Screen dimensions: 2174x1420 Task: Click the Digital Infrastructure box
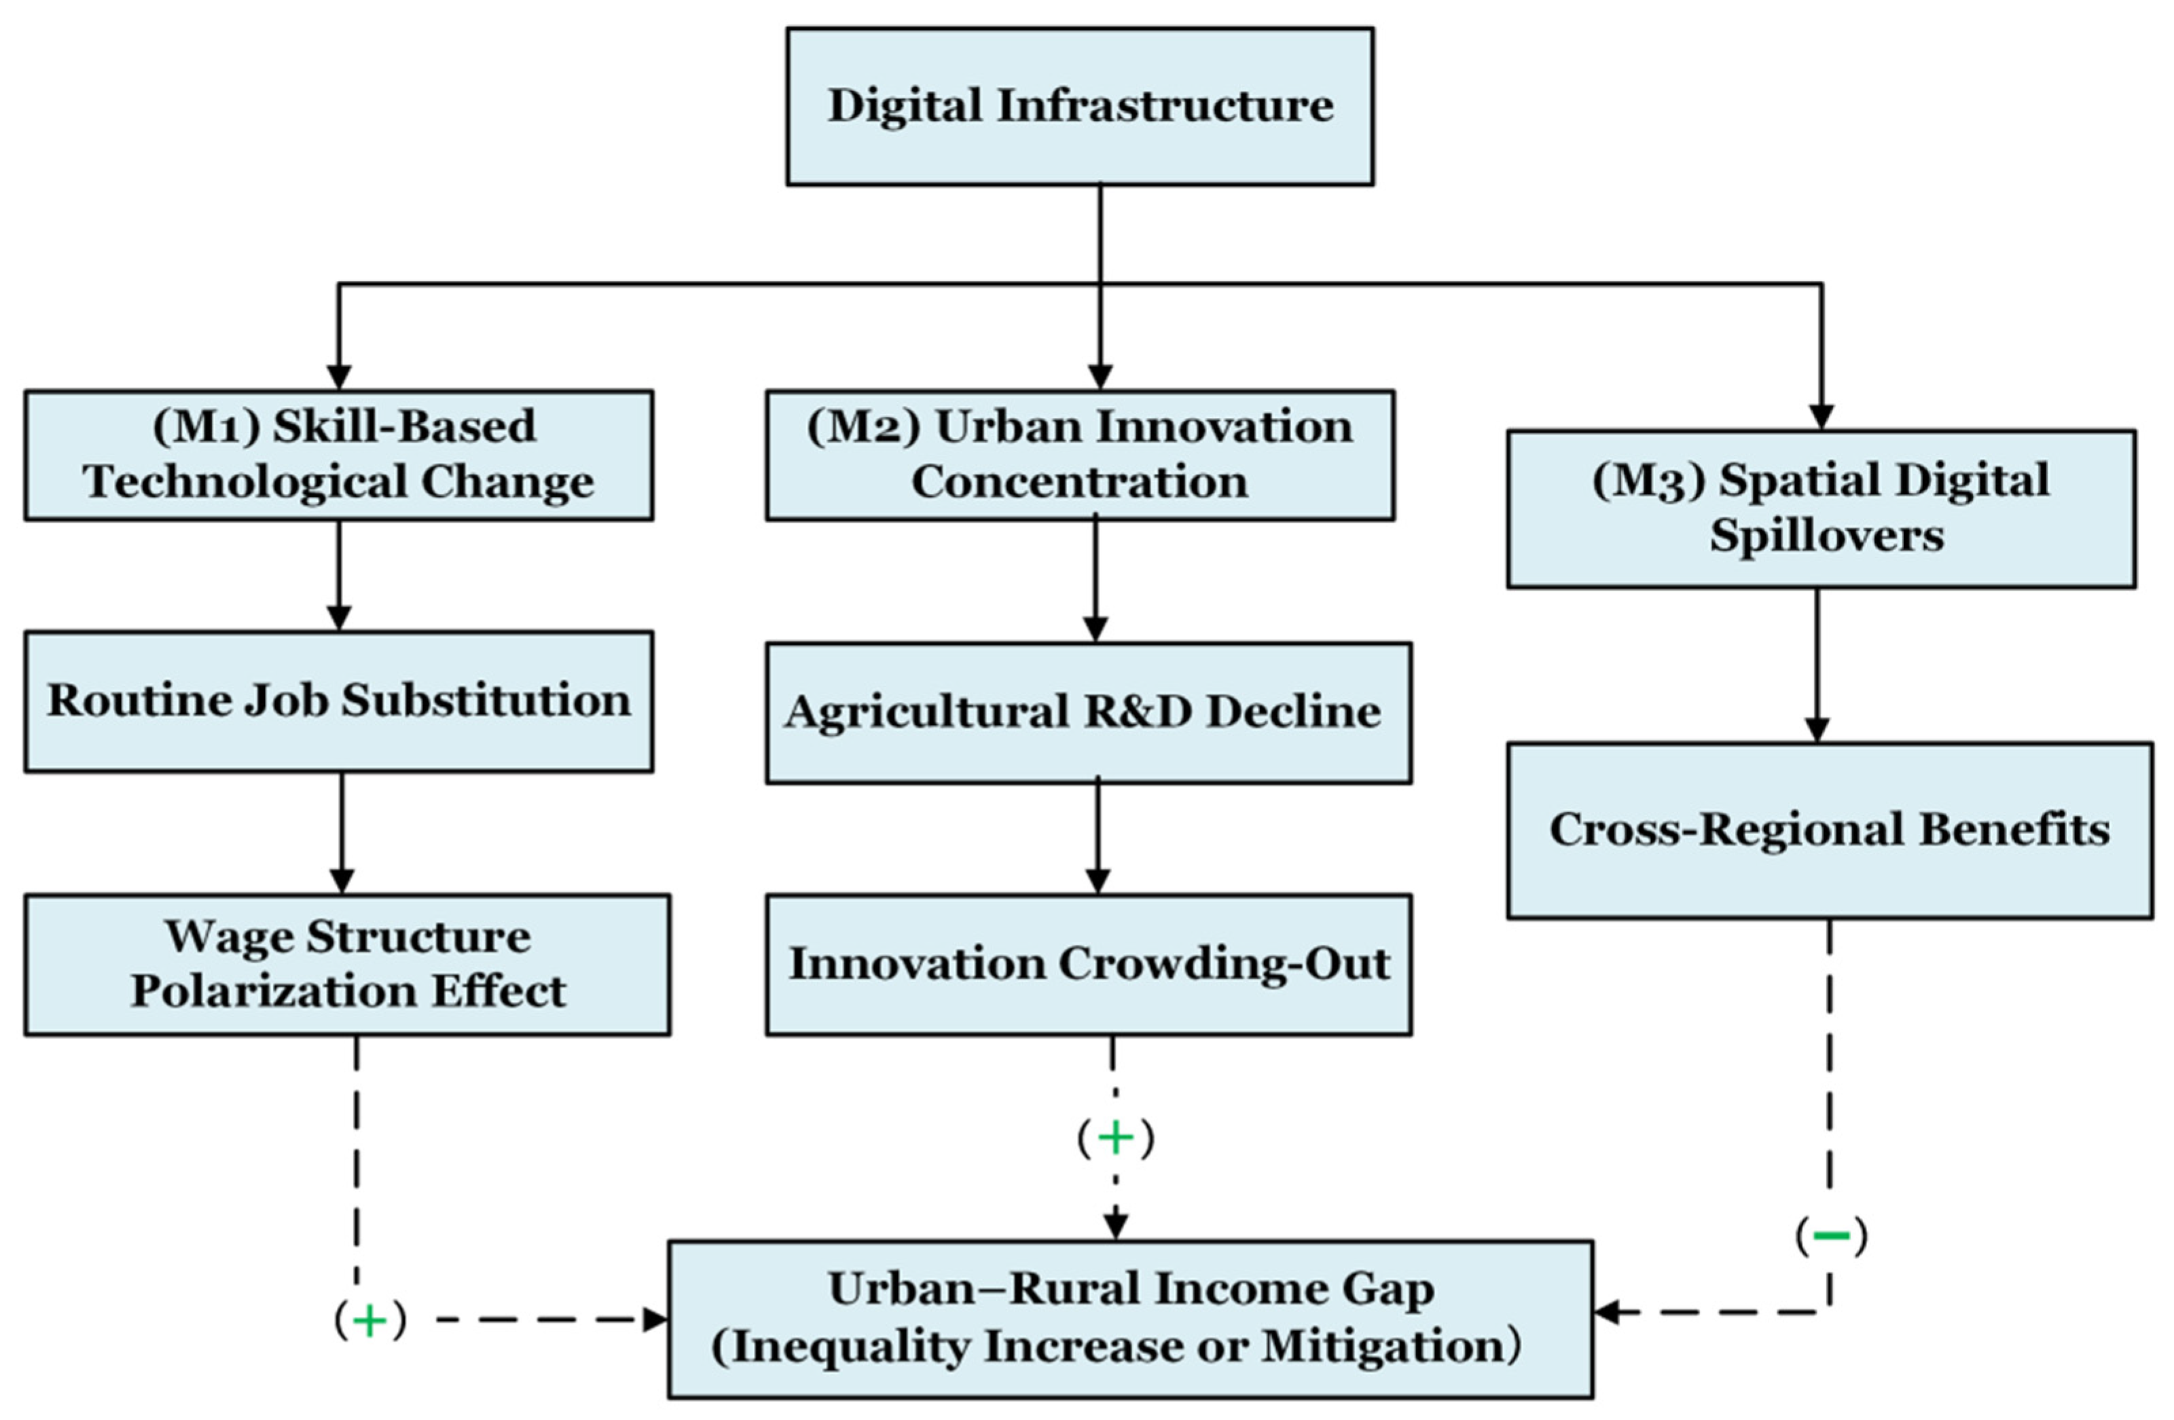1080,106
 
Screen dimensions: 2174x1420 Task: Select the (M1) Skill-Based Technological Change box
339,455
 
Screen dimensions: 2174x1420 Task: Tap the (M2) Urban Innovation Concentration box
1080,455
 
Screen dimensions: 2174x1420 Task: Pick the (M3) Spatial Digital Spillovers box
1821,508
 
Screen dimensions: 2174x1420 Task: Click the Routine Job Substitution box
339,701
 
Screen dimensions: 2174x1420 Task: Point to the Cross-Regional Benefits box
1830,830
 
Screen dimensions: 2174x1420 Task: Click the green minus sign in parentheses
1832,1237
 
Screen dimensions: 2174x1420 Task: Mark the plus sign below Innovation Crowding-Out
1115,1138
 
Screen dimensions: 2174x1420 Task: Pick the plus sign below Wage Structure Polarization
370,1320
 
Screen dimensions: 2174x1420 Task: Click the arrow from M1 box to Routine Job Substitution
339,576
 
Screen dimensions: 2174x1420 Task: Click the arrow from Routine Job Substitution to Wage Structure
342,833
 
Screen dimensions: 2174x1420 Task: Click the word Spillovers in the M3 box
1827,536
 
